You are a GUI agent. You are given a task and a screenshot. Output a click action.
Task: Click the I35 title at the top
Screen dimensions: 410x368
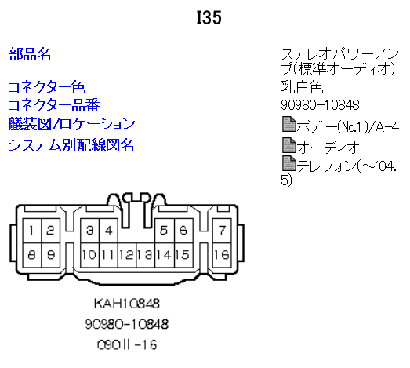209,18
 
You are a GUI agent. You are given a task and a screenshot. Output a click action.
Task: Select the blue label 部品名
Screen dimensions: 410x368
30,54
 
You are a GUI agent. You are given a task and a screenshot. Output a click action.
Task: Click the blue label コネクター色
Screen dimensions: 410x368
47,87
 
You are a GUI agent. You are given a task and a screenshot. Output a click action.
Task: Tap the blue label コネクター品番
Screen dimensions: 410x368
54,105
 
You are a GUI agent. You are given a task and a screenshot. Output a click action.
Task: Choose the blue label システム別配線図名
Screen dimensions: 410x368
71,145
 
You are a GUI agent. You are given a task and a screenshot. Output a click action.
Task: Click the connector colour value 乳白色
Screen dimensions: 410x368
302,87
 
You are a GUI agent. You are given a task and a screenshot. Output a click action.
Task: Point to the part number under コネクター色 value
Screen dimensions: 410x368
320,105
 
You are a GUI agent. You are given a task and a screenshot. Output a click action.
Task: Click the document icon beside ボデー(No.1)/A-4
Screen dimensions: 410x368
289,124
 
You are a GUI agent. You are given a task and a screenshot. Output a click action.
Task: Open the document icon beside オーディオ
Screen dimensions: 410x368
289,145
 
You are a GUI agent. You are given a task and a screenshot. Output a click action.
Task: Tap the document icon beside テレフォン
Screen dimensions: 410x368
289,163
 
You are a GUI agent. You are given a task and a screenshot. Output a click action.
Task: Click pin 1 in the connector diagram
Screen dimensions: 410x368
32,231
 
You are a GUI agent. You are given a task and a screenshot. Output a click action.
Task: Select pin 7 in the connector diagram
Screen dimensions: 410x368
222,231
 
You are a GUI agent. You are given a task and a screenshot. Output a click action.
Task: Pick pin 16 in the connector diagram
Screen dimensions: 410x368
222,255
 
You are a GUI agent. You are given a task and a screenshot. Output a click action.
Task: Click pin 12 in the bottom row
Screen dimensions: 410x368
127,255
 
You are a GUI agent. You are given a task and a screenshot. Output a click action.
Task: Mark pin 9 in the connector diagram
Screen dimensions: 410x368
51,255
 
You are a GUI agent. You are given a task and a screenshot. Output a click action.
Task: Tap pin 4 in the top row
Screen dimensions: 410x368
108,231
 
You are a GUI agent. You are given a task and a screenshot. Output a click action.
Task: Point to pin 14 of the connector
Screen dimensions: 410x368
165,255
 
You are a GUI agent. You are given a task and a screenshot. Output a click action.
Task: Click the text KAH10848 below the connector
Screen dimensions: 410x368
127,304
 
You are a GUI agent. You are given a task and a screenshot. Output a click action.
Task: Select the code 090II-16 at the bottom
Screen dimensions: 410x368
127,344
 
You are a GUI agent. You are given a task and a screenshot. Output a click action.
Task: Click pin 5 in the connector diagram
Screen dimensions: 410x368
165,231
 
